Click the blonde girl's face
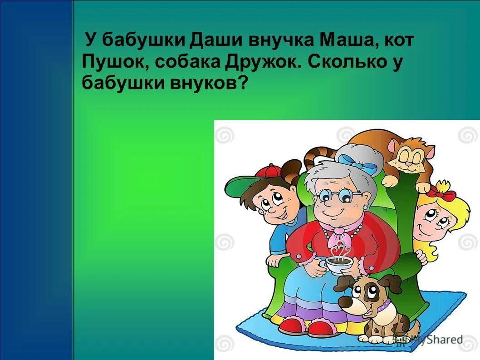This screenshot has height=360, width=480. pos(433,220)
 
